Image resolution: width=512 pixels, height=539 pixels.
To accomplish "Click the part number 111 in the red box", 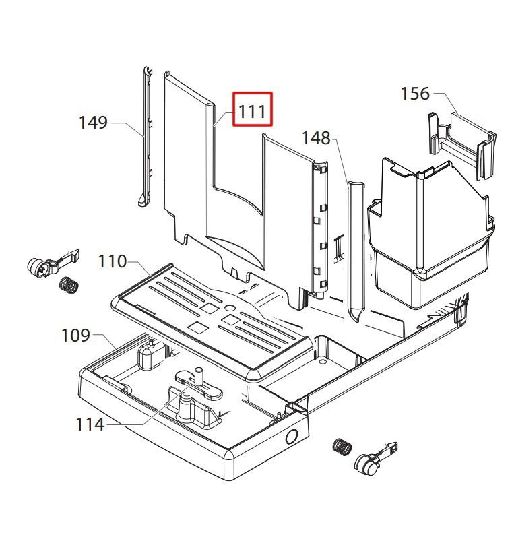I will pyautogui.click(x=253, y=109).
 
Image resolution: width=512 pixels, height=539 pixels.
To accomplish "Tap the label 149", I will pyautogui.click(x=93, y=123).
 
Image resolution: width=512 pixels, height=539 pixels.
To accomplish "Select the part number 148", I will pyautogui.click(x=316, y=138).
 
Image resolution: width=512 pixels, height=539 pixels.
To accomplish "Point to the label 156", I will pyautogui.click(x=415, y=94).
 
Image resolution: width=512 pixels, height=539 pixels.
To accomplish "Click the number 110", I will pyautogui.click(x=113, y=261).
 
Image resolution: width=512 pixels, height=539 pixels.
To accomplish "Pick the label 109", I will pyautogui.click(x=75, y=334).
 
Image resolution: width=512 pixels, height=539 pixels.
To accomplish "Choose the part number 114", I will pyautogui.click(x=90, y=424).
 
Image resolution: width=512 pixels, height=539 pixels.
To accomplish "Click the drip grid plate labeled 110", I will pyautogui.click(x=216, y=317).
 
